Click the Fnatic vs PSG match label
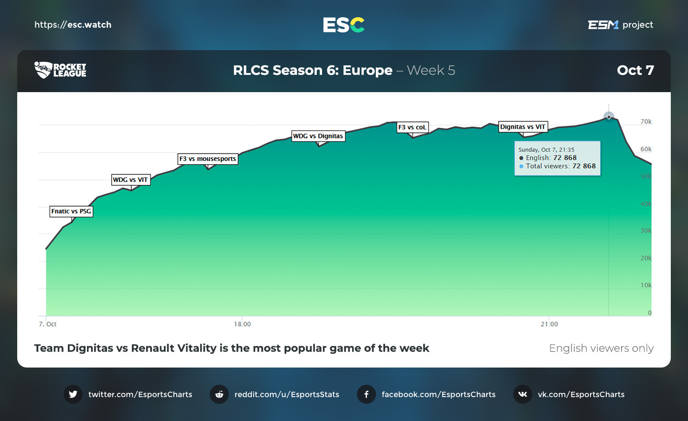click(x=71, y=211)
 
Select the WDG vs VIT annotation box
click(x=130, y=180)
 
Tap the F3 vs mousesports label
click(x=208, y=159)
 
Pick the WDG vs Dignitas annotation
click(x=318, y=136)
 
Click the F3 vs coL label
click(x=412, y=127)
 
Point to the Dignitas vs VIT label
click(x=523, y=127)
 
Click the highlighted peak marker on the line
click(x=609, y=116)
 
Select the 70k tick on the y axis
click(x=646, y=122)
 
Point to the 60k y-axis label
click(x=646, y=149)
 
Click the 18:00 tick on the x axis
click(x=242, y=324)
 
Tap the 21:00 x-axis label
click(x=549, y=324)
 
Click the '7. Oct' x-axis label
click(x=48, y=324)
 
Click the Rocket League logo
click(x=60, y=70)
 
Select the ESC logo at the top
click(x=344, y=25)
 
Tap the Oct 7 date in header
click(x=635, y=71)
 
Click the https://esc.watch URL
click(x=73, y=25)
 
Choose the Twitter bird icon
click(x=73, y=394)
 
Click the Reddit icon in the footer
click(x=219, y=394)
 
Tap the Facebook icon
click(x=366, y=394)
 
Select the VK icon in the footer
click(x=523, y=394)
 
